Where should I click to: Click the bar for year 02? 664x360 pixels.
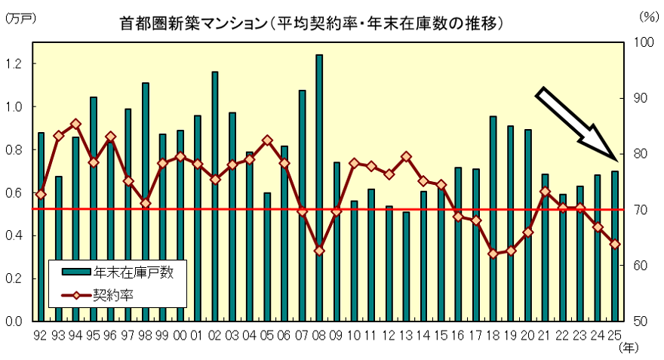[x=215, y=196]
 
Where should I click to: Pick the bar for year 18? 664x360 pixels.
[x=493, y=218]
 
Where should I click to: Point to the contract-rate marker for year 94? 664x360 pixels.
[x=75, y=124]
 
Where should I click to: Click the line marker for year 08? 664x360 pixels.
[x=319, y=251]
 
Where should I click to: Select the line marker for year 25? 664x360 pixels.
[x=615, y=244]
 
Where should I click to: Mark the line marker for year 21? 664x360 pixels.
[x=545, y=192]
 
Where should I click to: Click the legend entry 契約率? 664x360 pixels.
[x=113, y=295]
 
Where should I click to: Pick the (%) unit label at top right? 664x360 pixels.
[x=647, y=15]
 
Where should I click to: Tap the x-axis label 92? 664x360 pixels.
[x=40, y=334]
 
